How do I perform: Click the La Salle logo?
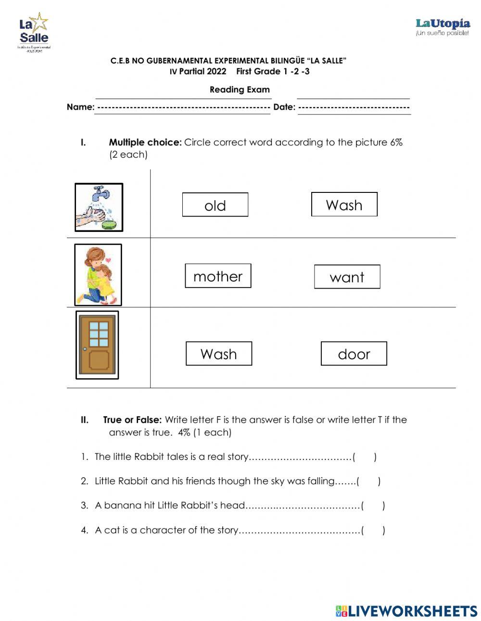click(x=34, y=32)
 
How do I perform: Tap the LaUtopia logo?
click(x=442, y=27)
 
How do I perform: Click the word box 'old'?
click(x=215, y=205)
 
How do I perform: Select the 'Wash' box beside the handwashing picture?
click(x=344, y=204)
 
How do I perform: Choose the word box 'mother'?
click(x=218, y=276)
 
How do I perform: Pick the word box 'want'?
click(x=347, y=277)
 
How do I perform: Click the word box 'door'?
click(x=354, y=354)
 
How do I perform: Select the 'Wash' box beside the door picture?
click(x=218, y=354)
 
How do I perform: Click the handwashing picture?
click(x=99, y=207)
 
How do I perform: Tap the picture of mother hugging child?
click(x=98, y=275)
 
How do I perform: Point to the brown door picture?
click(x=97, y=345)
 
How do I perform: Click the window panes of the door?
click(x=99, y=334)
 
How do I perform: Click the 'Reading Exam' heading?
click(x=240, y=89)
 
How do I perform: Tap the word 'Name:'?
click(x=80, y=107)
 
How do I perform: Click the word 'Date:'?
click(x=284, y=107)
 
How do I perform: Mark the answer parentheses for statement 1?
click(x=365, y=457)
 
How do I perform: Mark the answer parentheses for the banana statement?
click(x=373, y=506)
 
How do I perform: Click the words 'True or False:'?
click(x=132, y=420)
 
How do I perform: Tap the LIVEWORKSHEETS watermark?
click(x=406, y=611)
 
